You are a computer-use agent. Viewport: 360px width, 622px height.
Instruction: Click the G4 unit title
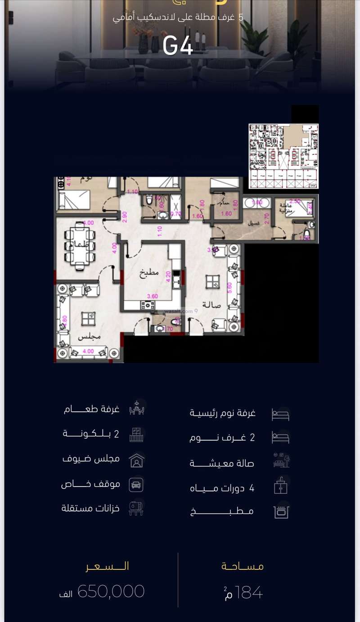click(x=178, y=45)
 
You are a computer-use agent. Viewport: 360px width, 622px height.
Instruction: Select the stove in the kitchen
click(x=147, y=306)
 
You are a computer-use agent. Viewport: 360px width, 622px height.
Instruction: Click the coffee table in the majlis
click(x=88, y=318)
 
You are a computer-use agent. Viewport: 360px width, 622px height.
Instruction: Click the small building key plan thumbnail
click(x=283, y=156)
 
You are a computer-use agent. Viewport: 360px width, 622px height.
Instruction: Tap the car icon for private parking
click(x=136, y=485)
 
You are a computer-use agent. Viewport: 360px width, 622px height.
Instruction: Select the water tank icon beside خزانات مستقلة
click(x=136, y=508)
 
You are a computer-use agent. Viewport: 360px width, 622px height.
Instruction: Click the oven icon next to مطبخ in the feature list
click(x=281, y=512)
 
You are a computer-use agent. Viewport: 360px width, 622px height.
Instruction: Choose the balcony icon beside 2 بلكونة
click(x=136, y=435)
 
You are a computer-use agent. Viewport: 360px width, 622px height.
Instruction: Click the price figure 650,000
click(x=111, y=591)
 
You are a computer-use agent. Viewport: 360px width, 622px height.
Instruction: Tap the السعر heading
click(x=108, y=566)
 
